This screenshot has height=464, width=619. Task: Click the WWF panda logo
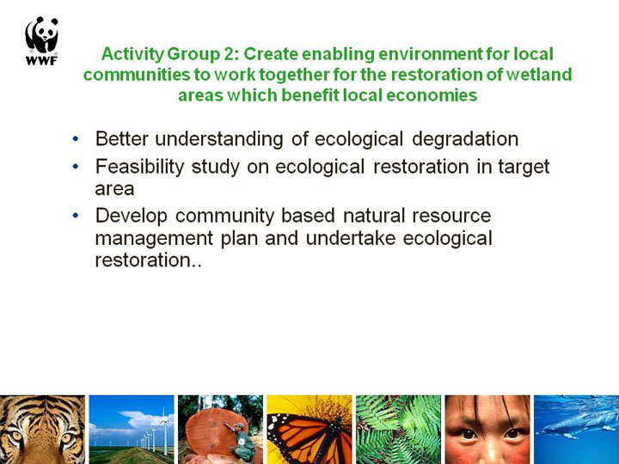pyautogui.click(x=42, y=40)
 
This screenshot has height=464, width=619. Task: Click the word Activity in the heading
pyautogui.click(x=132, y=54)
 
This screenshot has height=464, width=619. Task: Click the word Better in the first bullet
pyautogui.click(x=122, y=139)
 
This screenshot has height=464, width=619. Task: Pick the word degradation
pyautogui.click(x=465, y=139)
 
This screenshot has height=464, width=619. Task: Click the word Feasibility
pyautogui.click(x=139, y=167)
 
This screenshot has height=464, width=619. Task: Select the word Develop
pyautogui.click(x=132, y=217)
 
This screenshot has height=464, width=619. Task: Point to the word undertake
pyautogui.click(x=351, y=238)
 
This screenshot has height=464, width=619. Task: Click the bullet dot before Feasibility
pyautogui.click(x=76, y=167)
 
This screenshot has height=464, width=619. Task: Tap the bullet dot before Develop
pyautogui.click(x=76, y=216)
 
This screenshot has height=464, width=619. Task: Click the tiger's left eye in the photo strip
pyautogui.click(x=15, y=436)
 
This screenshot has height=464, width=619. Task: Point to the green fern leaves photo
pyautogui.click(x=398, y=430)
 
